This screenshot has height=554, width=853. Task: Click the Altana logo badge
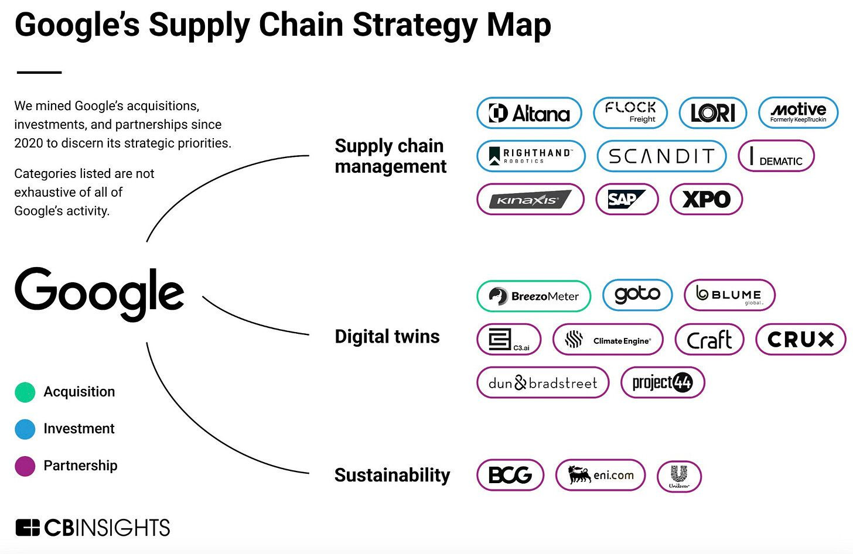tap(529, 113)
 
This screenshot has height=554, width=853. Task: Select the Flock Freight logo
tap(630, 112)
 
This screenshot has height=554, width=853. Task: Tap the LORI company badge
tap(712, 113)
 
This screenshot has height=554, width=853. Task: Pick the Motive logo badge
tap(798, 112)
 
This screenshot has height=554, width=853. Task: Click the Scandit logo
tap(661, 156)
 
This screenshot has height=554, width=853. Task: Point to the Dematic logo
tap(776, 156)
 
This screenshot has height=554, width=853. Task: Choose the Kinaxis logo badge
tap(530, 200)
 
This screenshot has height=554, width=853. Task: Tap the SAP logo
tap(626, 200)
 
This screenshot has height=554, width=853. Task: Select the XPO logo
tap(706, 200)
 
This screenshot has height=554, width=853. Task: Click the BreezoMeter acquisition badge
tap(533, 296)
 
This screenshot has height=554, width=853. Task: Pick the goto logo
tap(637, 294)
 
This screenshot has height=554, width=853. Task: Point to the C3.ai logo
tap(509, 340)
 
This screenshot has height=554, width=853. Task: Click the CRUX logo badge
tap(800, 340)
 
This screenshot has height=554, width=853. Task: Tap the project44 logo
tap(662, 383)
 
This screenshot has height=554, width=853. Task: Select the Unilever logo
tap(679, 476)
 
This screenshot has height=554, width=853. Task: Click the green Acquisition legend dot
tap(25, 392)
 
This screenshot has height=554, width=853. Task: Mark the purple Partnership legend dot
tap(25, 466)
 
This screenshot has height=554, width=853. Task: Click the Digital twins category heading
tap(387, 337)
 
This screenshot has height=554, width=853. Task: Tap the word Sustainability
tap(392, 476)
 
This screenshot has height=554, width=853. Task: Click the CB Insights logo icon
tap(28, 528)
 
